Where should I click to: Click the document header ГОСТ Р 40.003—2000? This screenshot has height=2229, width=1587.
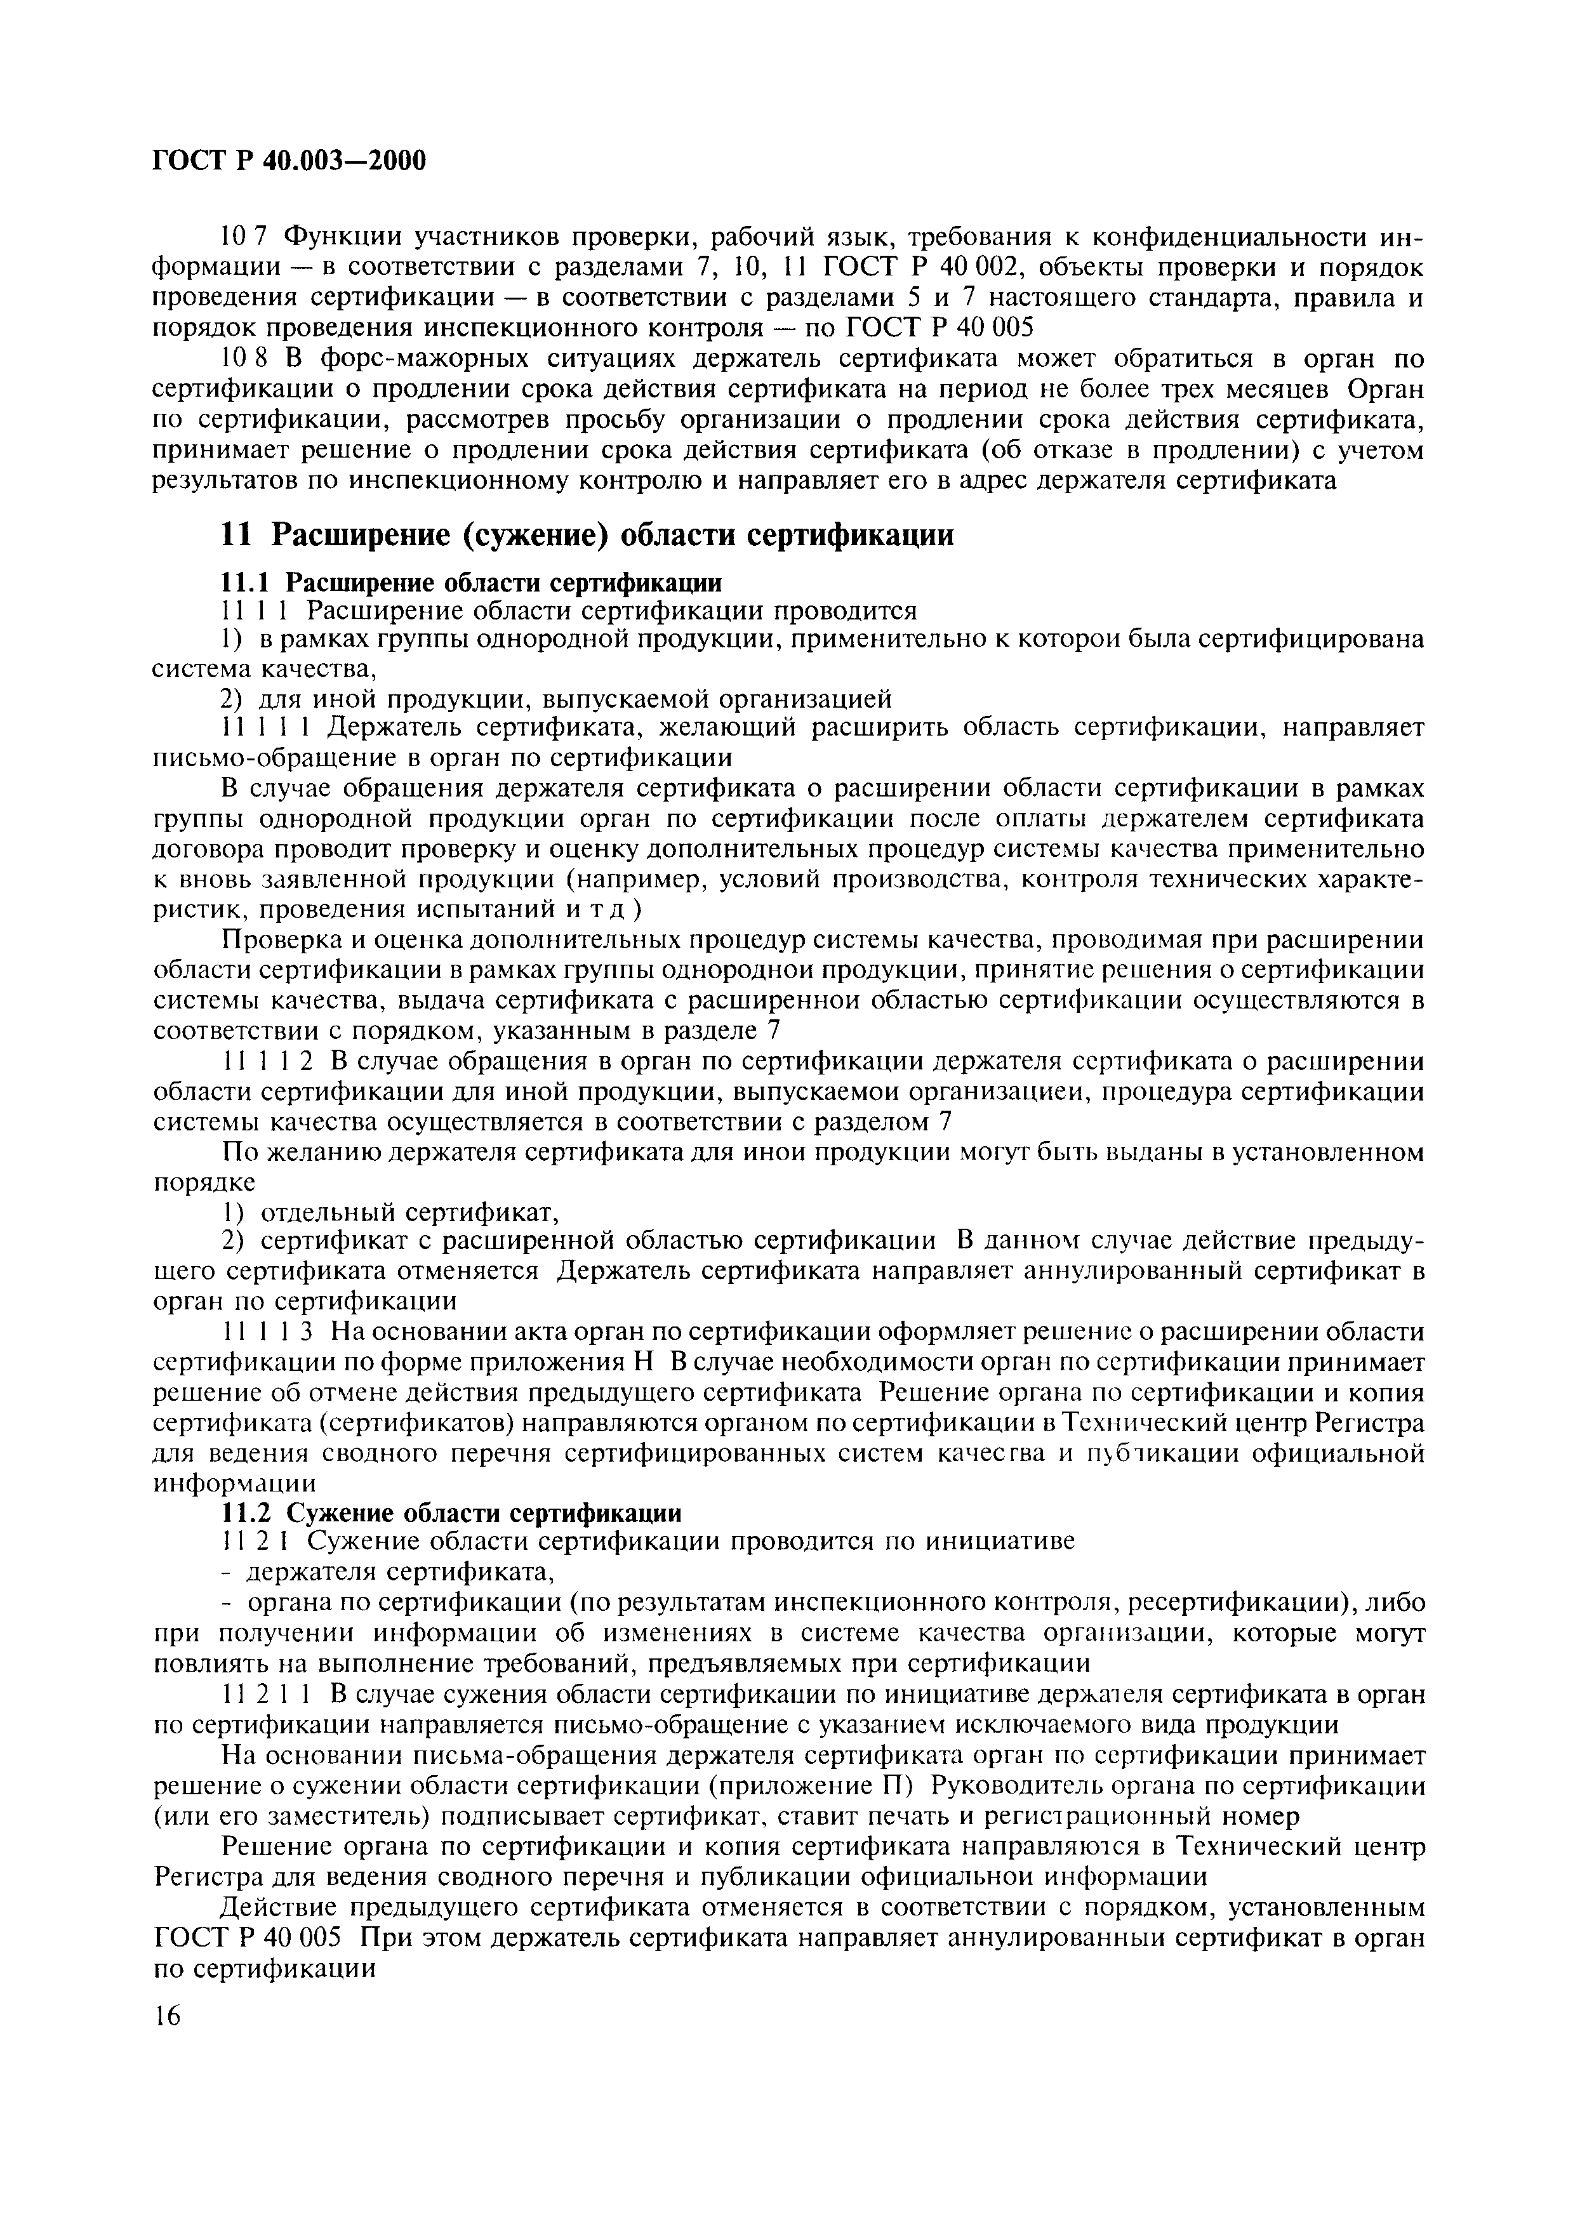[x=289, y=159]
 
